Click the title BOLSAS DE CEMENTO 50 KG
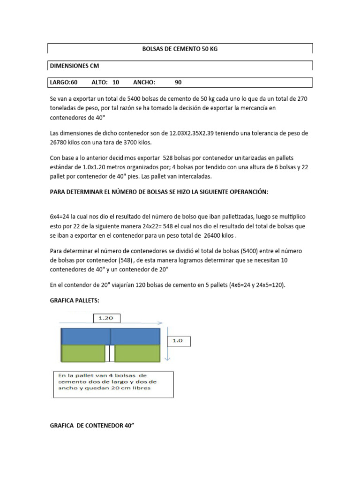[180, 49]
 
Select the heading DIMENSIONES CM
[74, 66]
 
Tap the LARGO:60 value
[63, 82]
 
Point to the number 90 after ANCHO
[178, 82]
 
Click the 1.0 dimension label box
[178, 341]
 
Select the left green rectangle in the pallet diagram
[82, 354]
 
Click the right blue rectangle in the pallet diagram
[136, 337]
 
